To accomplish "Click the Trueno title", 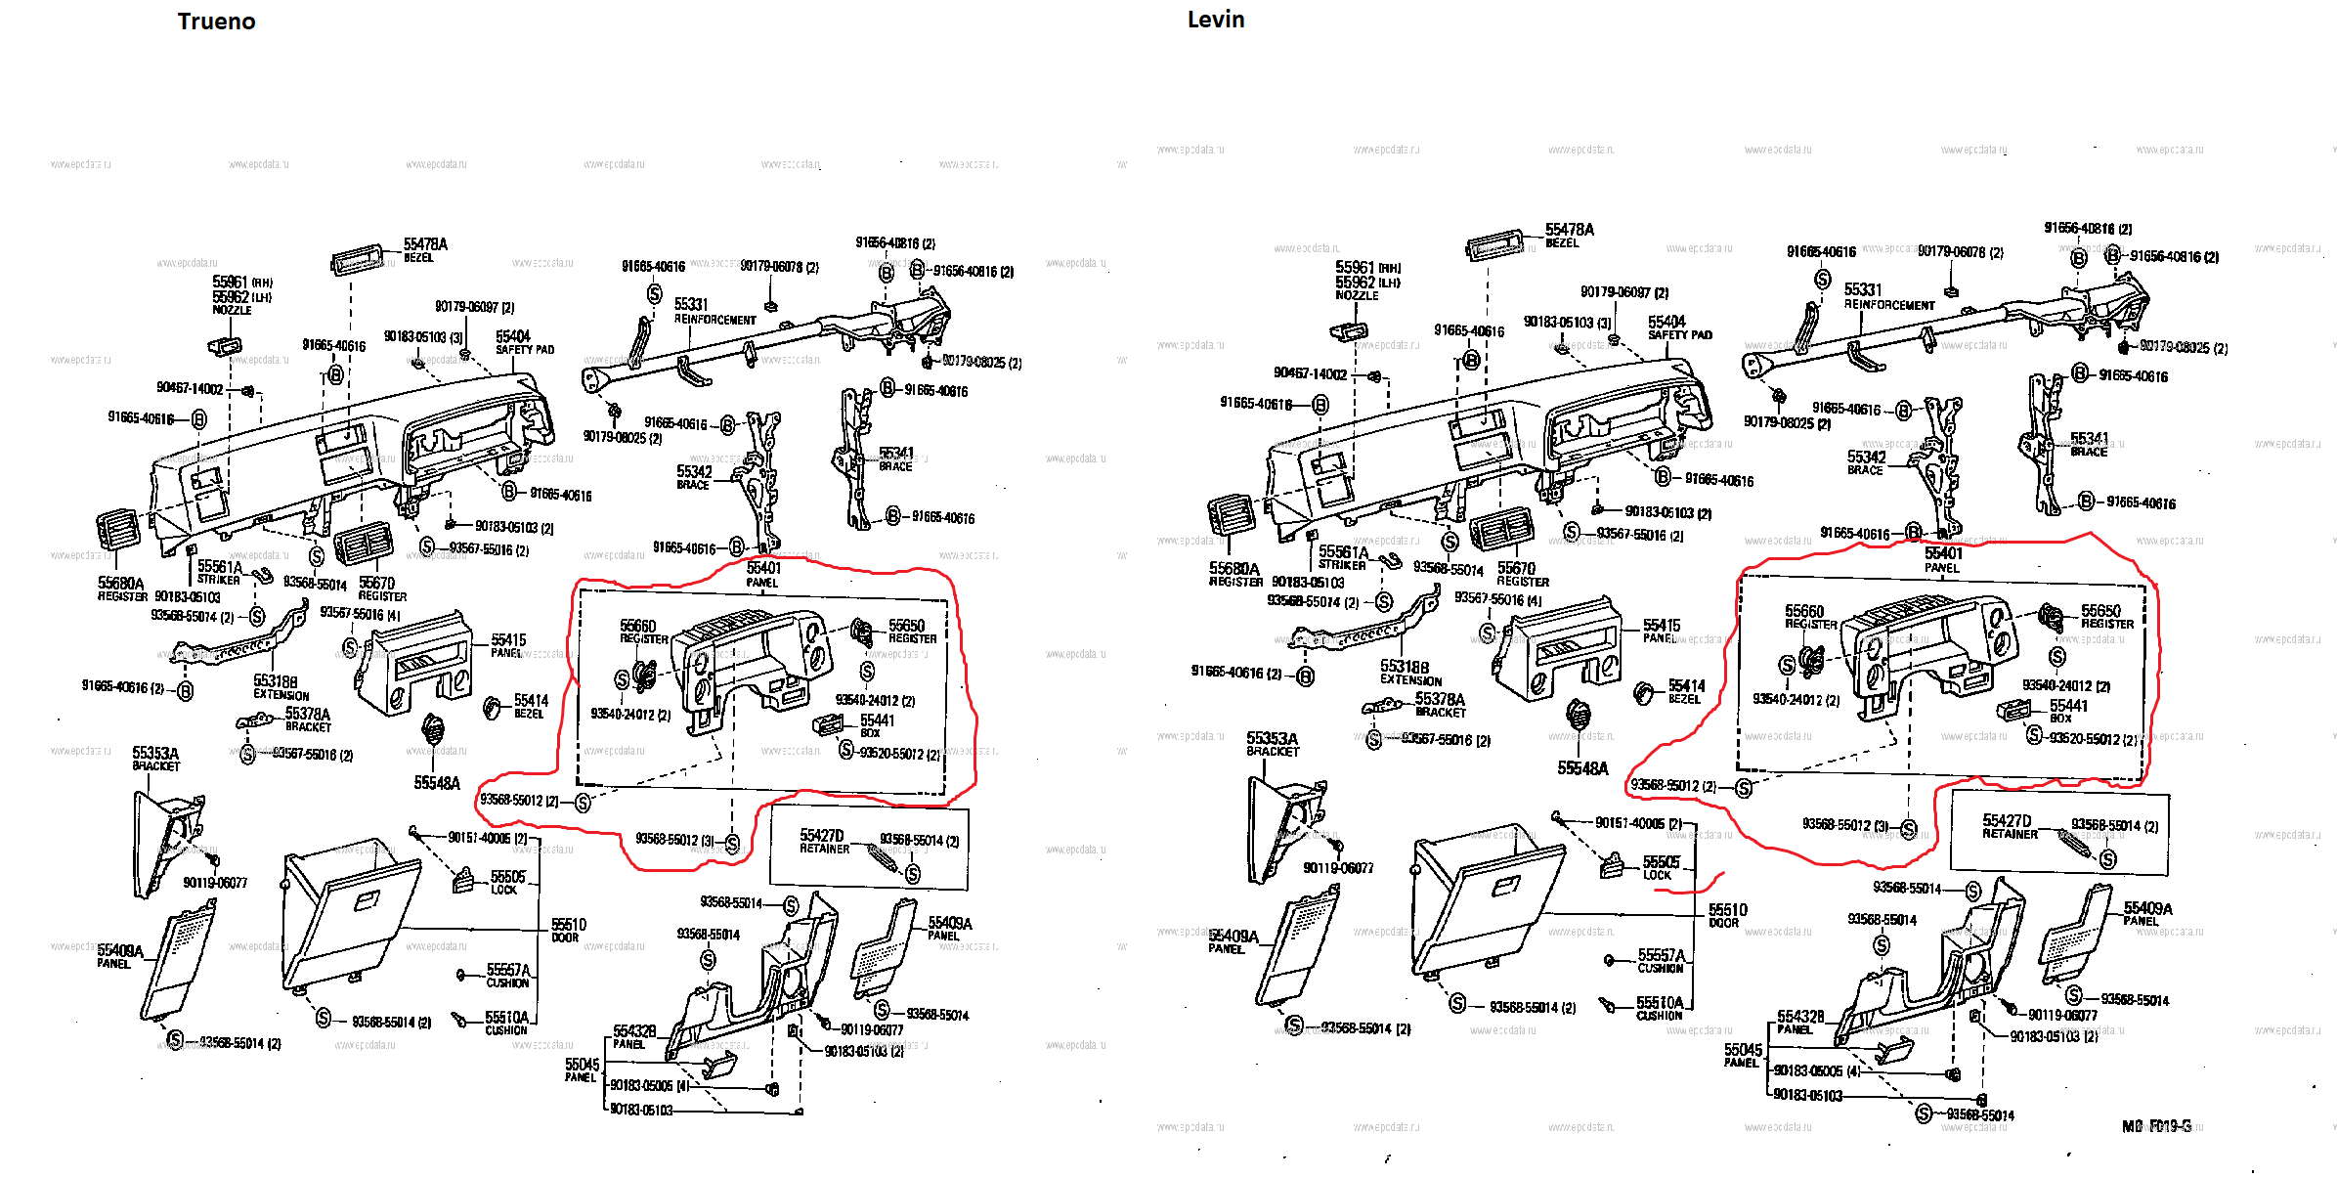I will coord(216,22).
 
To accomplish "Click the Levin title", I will coord(1215,20).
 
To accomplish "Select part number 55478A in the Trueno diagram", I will coord(425,243).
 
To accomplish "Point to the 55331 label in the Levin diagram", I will coord(1862,289).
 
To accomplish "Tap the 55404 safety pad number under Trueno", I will coord(512,336).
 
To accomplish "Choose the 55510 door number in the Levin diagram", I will coord(1727,909).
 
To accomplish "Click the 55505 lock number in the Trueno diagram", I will coord(507,876).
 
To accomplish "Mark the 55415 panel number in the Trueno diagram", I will coord(508,639).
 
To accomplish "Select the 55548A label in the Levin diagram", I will coord(1582,768).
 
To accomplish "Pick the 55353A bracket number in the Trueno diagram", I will coord(155,753).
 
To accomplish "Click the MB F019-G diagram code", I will coord(2156,1126).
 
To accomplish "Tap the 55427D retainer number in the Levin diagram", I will coord(2006,820).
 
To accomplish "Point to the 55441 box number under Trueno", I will coord(877,720).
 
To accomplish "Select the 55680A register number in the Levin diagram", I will coord(1233,568).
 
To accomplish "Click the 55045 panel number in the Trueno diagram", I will coord(582,1064).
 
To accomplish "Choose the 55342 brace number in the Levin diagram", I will coord(1866,457).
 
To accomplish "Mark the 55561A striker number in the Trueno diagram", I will coord(219,566).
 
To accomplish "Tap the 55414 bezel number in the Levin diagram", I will coord(1686,686).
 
